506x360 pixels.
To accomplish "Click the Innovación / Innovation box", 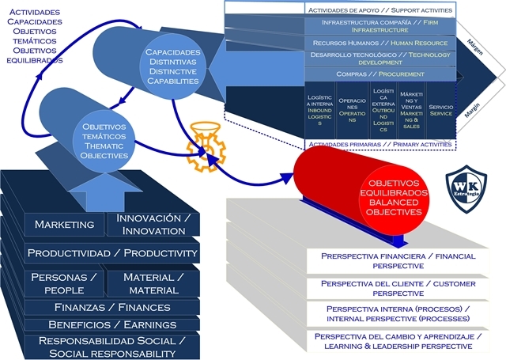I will [x=153, y=224].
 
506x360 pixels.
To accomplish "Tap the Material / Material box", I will [x=153, y=283].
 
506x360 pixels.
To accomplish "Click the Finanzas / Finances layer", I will [x=110, y=307].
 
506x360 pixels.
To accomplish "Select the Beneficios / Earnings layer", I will [x=110, y=324].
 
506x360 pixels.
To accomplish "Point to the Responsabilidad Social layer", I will [x=111, y=347].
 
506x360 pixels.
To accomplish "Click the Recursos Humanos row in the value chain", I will [x=379, y=43].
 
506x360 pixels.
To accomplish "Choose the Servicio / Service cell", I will [x=440, y=110].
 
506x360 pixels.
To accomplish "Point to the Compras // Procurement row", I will [x=379, y=74].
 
